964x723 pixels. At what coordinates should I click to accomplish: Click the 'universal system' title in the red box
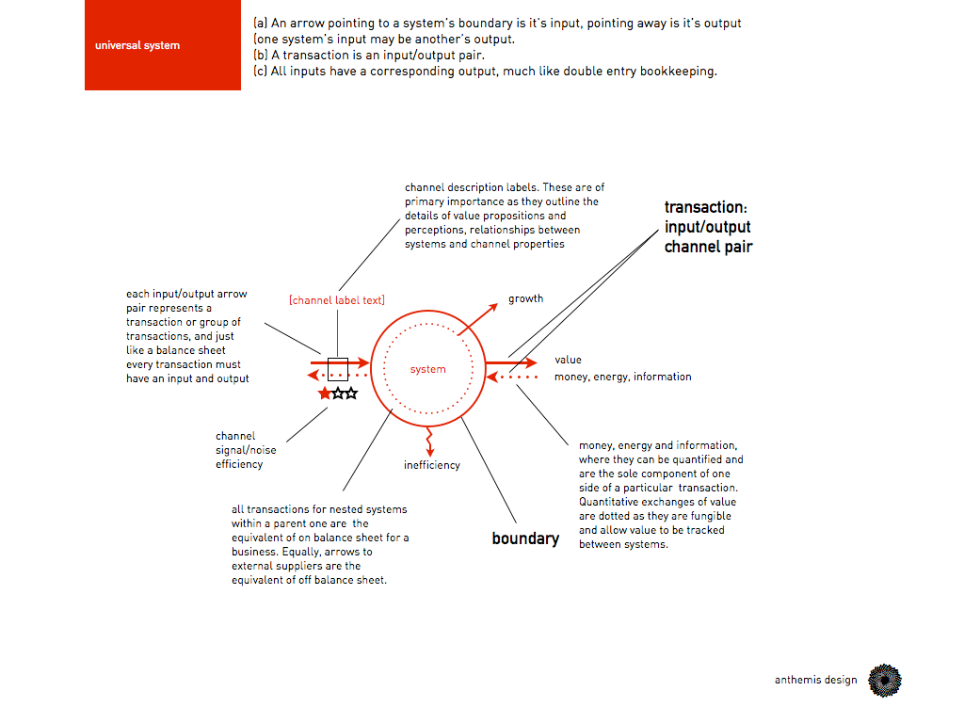click(137, 45)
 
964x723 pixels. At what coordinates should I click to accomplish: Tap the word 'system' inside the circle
click(427, 369)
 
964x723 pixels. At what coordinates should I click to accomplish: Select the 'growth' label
click(525, 298)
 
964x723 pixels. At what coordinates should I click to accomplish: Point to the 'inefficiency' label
click(432, 465)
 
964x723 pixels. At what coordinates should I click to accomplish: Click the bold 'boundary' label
click(525, 538)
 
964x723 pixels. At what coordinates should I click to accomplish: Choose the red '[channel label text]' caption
click(336, 300)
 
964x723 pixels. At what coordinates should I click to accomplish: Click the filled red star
click(325, 394)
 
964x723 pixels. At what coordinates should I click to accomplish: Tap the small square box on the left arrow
click(337, 368)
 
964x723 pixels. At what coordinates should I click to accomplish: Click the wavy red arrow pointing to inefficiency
click(429, 438)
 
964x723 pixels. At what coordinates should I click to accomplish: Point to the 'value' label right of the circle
click(568, 360)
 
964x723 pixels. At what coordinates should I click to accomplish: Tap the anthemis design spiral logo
click(884, 680)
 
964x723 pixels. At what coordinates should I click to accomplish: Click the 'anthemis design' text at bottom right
click(816, 680)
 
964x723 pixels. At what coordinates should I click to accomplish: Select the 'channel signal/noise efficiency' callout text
click(246, 450)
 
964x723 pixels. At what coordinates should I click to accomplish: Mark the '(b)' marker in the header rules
click(260, 55)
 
